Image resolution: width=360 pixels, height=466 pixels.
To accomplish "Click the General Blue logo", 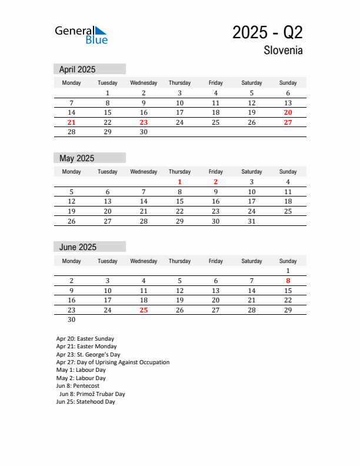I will (x=81, y=35).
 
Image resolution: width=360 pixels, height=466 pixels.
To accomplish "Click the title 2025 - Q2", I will (x=267, y=32).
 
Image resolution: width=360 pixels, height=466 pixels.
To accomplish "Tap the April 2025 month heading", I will (x=77, y=69).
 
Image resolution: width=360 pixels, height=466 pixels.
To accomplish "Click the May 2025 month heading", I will (x=76, y=158).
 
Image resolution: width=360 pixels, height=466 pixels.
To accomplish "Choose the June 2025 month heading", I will (x=78, y=247).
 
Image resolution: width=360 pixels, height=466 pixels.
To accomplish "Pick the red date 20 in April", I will (x=288, y=112).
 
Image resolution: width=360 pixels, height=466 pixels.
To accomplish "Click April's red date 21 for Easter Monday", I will (x=71, y=122).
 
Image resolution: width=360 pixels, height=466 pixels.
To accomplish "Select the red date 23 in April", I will (x=144, y=122).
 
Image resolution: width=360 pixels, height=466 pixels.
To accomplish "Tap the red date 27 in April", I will (x=288, y=122).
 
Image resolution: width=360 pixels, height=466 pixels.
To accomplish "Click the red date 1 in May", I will (x=179, y=182).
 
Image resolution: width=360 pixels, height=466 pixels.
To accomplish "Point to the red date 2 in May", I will (x=215, y=182).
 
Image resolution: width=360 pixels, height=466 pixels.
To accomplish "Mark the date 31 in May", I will (x=252, y=221).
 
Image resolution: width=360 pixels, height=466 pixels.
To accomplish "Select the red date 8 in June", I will (x=288, y=281).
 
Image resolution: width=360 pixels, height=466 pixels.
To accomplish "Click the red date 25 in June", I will (x=144, y=310).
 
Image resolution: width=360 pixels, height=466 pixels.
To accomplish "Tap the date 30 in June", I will (x=71, y=320).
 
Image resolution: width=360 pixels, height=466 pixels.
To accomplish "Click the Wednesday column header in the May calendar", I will (x=144, y=172).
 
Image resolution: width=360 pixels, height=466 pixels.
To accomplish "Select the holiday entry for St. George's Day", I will (x=88, y=355).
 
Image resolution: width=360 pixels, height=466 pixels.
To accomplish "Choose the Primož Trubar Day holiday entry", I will (x=92, y=394).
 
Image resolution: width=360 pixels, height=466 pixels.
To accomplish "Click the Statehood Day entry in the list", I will (x=85, y=402).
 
